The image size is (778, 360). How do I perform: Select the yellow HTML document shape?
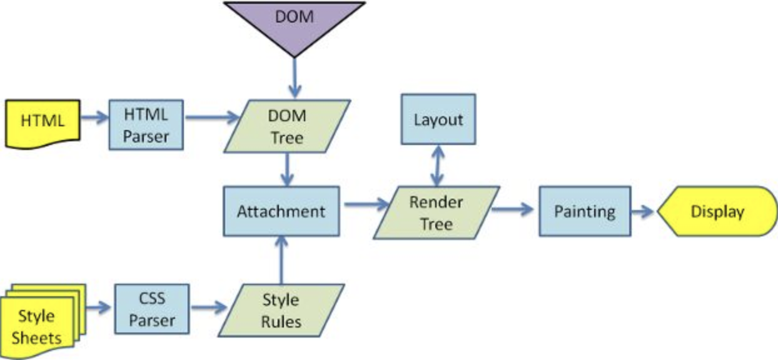coord(43,123)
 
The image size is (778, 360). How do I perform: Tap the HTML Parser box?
coord(146,124)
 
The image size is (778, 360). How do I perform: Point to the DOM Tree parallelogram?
coord(287,126)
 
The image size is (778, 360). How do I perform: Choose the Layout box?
coord(438,119)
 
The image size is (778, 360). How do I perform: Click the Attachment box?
coord(281,211)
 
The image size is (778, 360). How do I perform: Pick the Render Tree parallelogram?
coord(436,212)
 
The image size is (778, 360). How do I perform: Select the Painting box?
coord(585,211)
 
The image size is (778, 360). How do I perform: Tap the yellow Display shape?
coord(717,211)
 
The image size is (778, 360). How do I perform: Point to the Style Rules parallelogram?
coord(280,311)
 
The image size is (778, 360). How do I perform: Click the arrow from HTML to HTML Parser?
coord(94,117)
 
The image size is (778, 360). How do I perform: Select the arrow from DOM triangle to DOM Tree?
coord(294,79)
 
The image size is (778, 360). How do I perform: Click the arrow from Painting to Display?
coord(643,211)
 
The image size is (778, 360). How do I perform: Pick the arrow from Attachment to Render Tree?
coord(366,204)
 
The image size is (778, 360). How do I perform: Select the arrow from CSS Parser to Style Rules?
coord(209,307)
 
